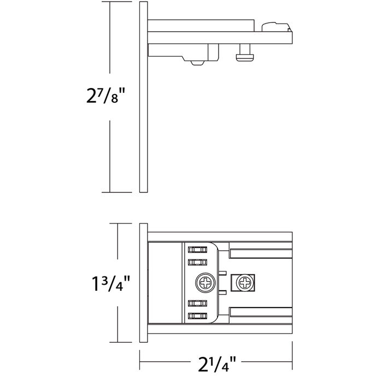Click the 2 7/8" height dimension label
[109, 97]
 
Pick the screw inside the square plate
[243, 283]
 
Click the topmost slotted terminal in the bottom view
[197, 249]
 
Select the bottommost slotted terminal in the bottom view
[197, 316]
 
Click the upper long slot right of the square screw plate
[260, 253]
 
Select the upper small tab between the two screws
[224, 271]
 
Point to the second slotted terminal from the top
[197, 263]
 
